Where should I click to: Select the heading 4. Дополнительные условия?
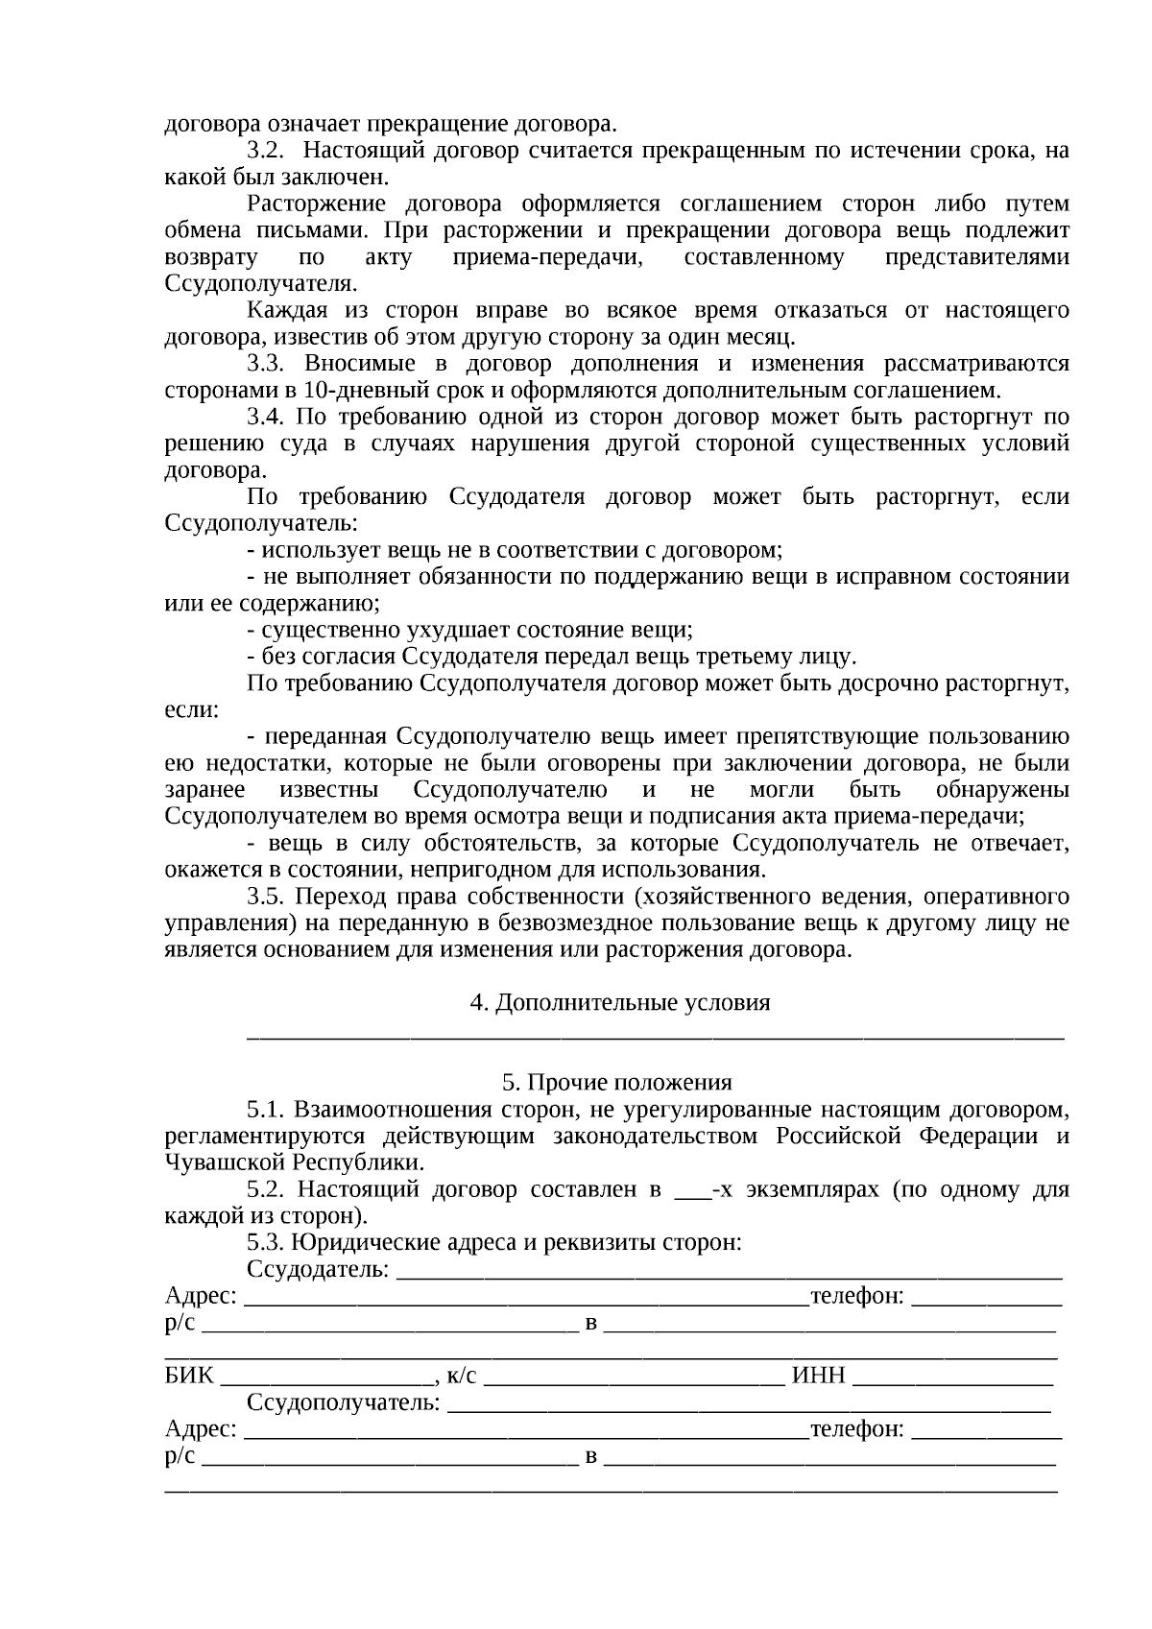(619, 1003)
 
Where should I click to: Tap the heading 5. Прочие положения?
(616, 1083)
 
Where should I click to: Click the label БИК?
(189, 1376)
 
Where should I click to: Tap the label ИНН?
(818, 1376)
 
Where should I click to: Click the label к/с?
(461, 1376)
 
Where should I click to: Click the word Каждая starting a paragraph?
(284, 310)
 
